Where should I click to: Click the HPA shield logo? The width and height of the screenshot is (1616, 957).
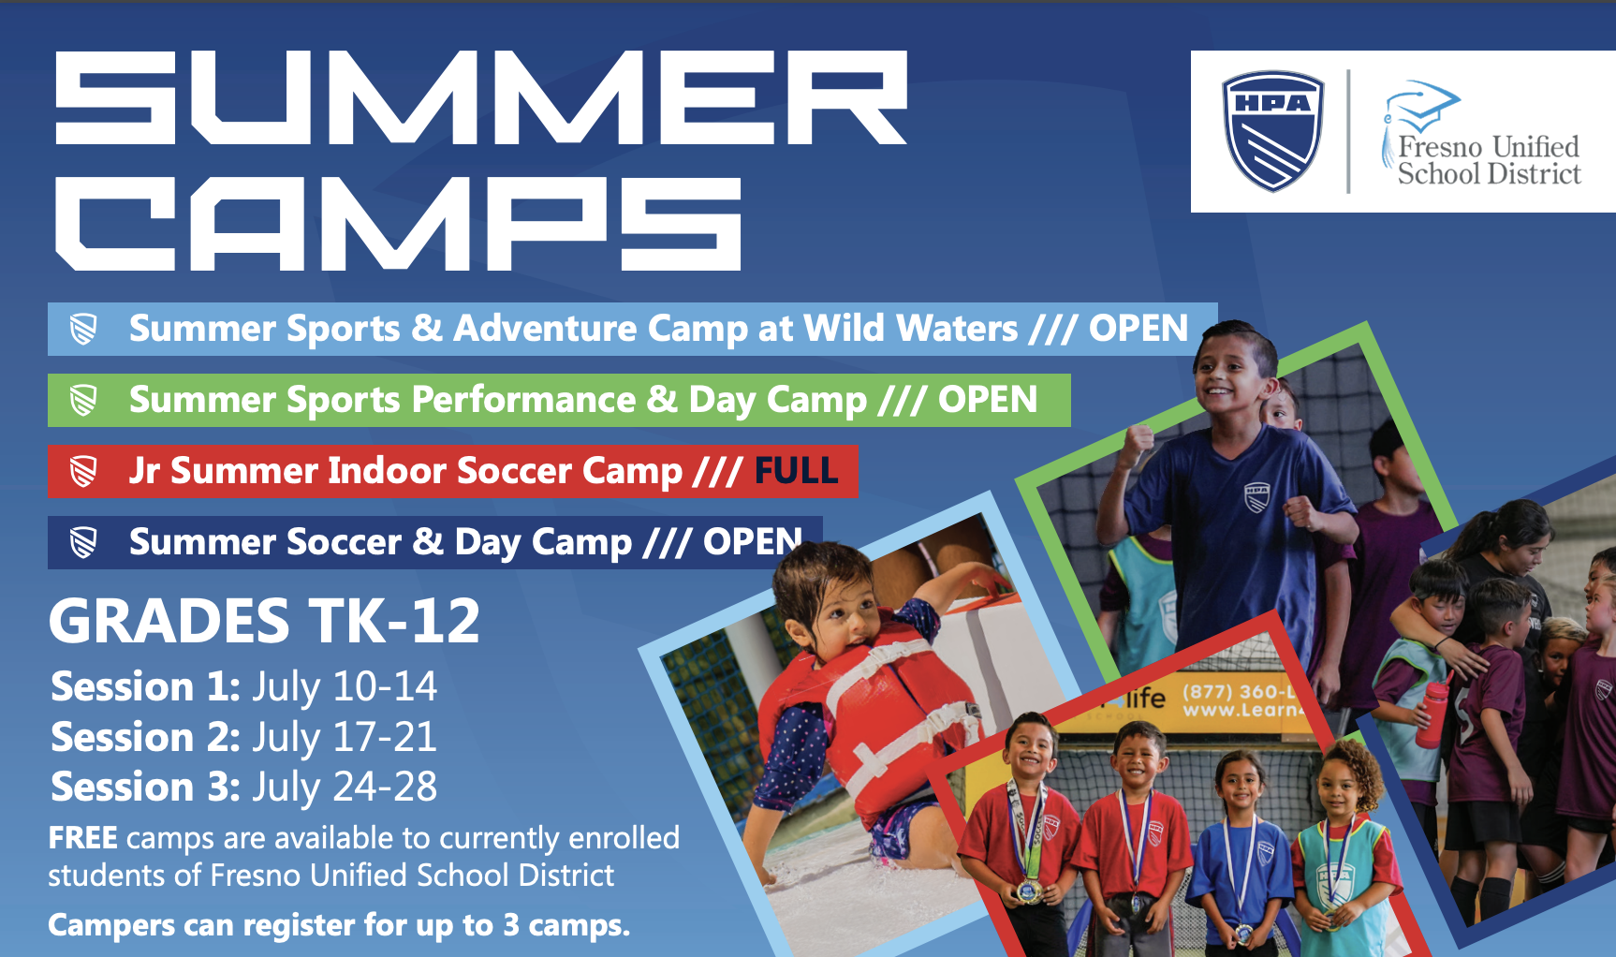pyautogui.click(x=1273, y=131)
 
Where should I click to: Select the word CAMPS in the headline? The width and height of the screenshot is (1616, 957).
pyautogui.click(x=399, y=224)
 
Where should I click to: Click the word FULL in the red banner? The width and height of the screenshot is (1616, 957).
pyautogui.click(x=796, y=470)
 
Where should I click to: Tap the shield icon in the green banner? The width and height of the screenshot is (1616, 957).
pyautogui.click(x=83, y=401)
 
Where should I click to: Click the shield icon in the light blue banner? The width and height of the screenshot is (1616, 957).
pyautogui.click(x=83, y=330)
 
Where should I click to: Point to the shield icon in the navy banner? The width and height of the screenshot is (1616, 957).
pyautogui.click(x=83, y=543)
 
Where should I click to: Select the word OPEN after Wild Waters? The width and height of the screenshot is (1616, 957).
pyautogui.click(x=1138, y=329)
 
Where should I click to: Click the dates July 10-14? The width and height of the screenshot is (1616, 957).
pyautogui.click(x=345, y=687)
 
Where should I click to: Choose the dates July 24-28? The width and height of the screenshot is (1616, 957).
pyautogui.click(x=345, y=788)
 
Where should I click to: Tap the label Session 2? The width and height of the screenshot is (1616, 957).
pyautogui.click(x=146, y=737)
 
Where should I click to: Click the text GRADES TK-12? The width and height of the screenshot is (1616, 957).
pyautogui.click(x=264, y=621)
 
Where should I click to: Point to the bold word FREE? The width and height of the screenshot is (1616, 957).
pyautogui.click(x=83, y=838)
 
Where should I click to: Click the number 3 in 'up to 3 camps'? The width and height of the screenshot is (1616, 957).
pyautogui.click(x=511, y=925)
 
